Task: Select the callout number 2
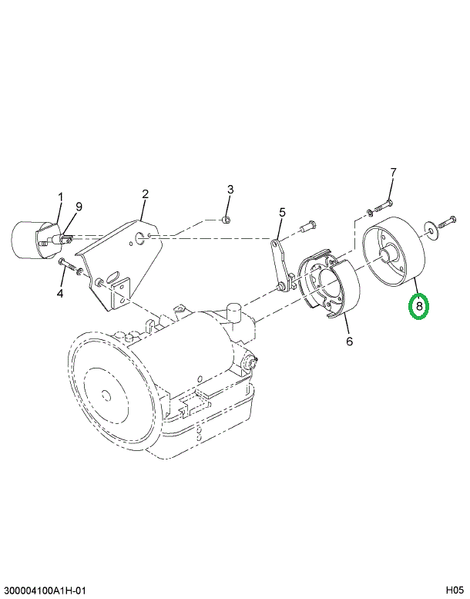(144, 193)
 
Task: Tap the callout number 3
(229, 189)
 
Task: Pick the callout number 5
(282, 212)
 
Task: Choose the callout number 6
(349, 341)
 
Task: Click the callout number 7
(392, 172)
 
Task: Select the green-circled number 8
(418, 307)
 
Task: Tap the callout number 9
(78, 205)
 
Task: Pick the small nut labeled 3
(225, 220)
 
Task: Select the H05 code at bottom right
(455, 590)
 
